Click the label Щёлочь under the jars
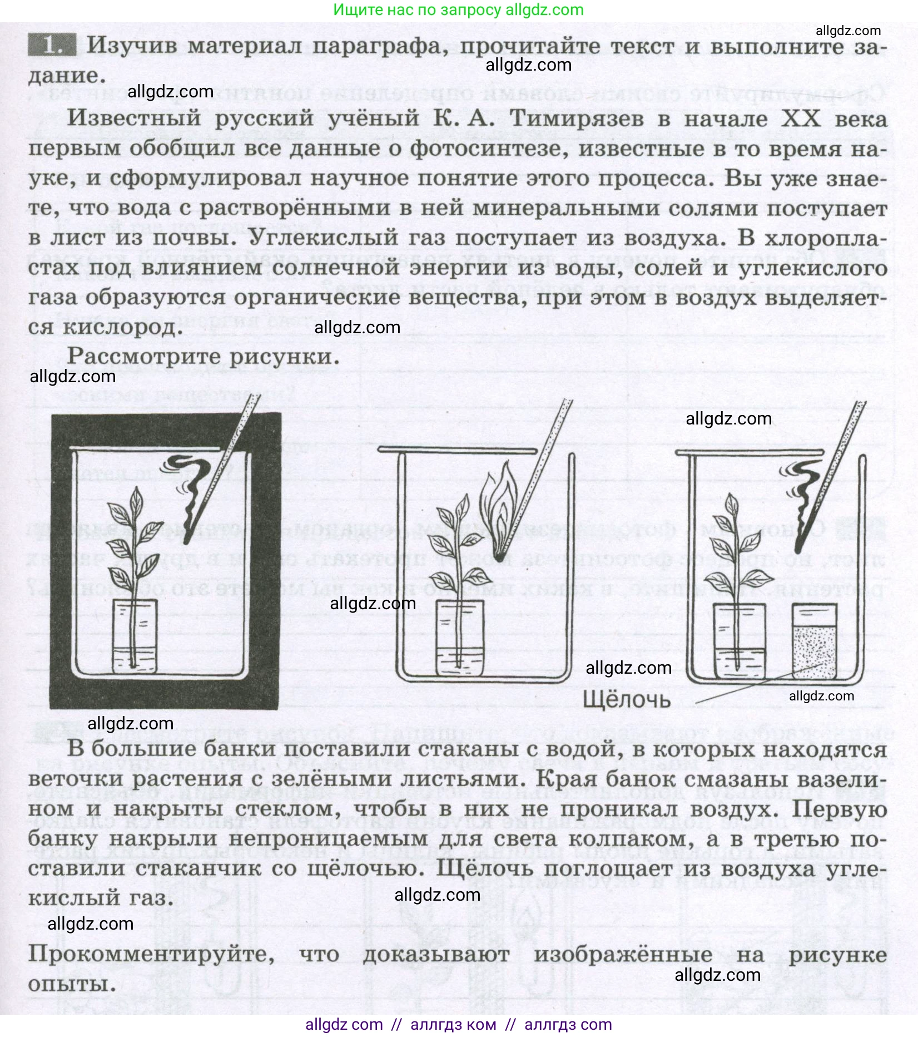pyautogui.click(x=626, y=699)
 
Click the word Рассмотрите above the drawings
pyautogui.click(x=145, y=357)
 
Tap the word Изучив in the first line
pyautogui.click(x=133, y=46)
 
